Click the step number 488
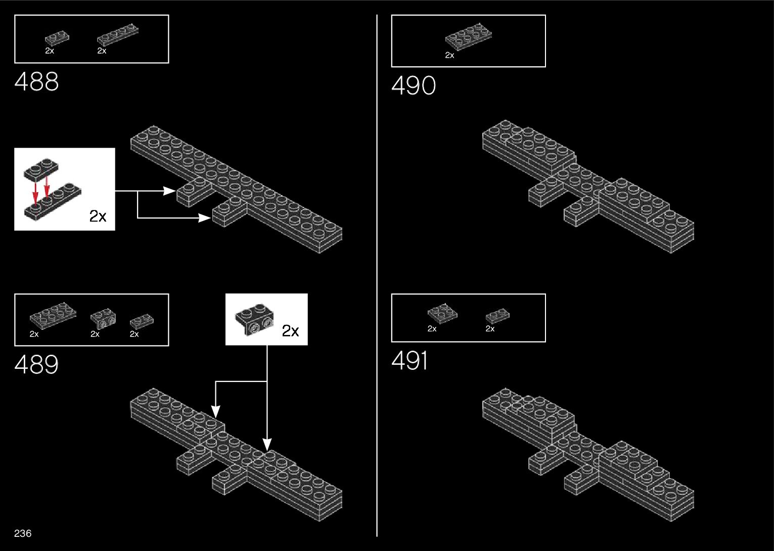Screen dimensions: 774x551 tap(36, 81)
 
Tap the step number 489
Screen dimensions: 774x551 tap(36, 364)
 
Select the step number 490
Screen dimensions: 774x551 tap(413, 86)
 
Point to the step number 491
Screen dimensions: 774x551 tap(409, 361)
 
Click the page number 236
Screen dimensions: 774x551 tap(23, 533)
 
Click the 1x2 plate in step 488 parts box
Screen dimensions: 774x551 tap(57, 38)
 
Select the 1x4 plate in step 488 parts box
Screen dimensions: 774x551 tap(117, 34)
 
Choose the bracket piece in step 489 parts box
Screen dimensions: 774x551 tap(102, 318)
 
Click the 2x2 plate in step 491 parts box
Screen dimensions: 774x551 tap(442, 313)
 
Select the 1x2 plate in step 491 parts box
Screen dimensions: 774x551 tap(497, 316)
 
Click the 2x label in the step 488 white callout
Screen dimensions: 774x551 tap(98, 216)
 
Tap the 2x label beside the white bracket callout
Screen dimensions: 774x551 tap(290, 331)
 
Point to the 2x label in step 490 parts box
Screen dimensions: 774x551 tap(449, 56)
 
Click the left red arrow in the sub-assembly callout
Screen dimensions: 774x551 tap(35, 189)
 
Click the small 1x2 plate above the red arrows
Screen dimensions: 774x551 tap(41, 168)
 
